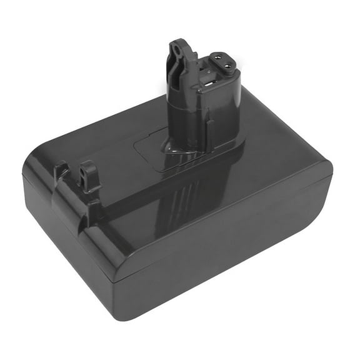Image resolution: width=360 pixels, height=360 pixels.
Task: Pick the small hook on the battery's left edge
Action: [x=61, y=170]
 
